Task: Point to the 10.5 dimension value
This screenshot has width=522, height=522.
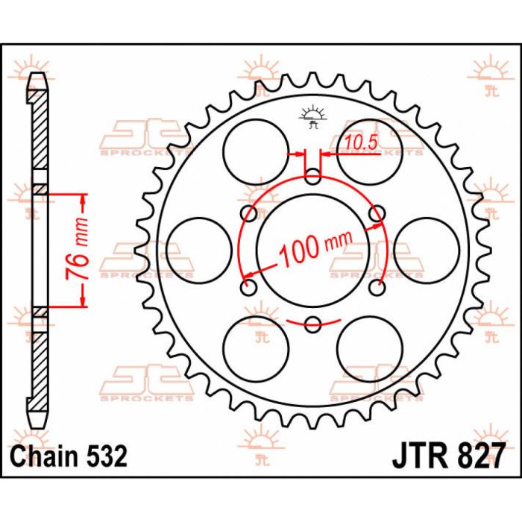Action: (358, 139)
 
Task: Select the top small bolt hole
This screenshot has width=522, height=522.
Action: (313, 177)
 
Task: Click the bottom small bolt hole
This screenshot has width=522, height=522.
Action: (313, 324)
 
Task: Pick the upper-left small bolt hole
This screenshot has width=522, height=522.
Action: (249, 214)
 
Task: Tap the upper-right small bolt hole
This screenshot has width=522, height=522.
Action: (377, 214)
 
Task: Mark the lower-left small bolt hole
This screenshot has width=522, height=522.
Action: (249, 287)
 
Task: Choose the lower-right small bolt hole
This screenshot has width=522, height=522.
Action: (377, 287)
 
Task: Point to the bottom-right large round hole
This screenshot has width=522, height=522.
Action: (371, 349)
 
